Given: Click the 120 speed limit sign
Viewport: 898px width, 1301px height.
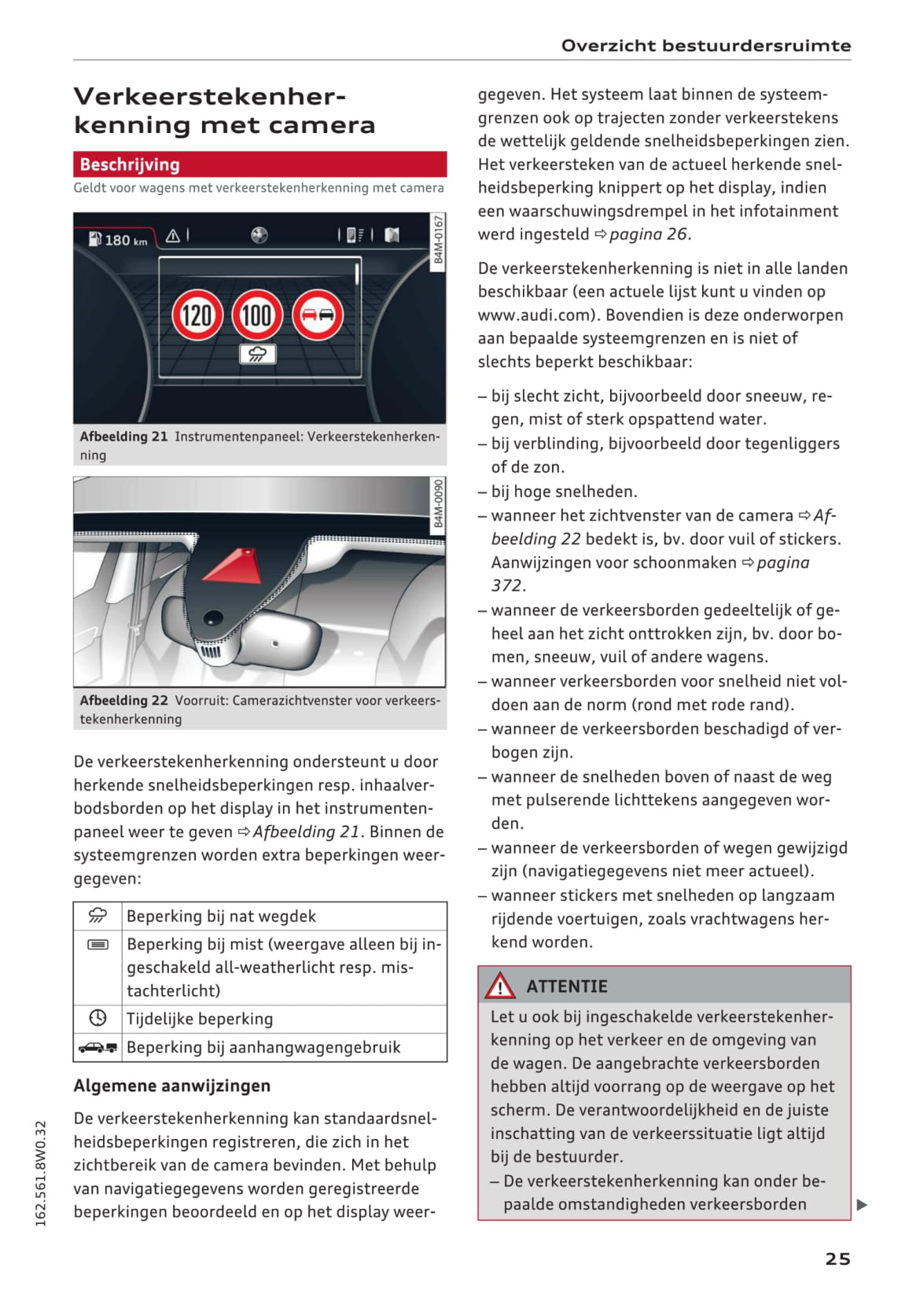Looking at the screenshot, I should click(x=196, y=315).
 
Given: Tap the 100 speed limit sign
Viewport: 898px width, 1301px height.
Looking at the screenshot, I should click(x=256, y=315).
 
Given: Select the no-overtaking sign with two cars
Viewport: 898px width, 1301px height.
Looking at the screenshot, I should click(x=317, y=315).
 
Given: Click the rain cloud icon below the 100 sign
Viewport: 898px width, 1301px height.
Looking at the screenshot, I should click(x=257, y=354).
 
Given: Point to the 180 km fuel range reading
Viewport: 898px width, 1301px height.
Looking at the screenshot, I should click(x=119, y=240).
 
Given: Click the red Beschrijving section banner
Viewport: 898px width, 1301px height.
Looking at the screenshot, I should click(x=259, y=164).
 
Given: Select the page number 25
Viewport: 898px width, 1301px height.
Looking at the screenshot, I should click(x=837, y=1259).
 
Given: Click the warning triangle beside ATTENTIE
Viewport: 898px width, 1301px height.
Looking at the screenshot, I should click(x=500, y=986).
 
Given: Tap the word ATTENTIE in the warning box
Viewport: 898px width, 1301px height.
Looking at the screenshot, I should click(x=567, y=986).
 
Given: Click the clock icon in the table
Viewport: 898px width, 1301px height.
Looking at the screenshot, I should click(x=98, y=1018).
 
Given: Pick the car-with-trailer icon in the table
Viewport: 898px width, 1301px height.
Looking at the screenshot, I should click(x=98, y=1047).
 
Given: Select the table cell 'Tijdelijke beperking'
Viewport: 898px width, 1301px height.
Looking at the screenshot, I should click(x=200, y=1019).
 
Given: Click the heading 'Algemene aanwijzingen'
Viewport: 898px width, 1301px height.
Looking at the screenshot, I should click(x=171, y=1085).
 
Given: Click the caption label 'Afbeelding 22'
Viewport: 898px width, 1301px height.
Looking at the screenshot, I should click(x=123, y=700).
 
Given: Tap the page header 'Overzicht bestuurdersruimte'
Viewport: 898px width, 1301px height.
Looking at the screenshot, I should click(x=705, y=46).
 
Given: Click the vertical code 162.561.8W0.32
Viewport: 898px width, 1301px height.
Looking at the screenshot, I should click(x=41, y=1173).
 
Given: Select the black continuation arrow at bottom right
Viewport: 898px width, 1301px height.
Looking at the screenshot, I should click(x=862, y=1204).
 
